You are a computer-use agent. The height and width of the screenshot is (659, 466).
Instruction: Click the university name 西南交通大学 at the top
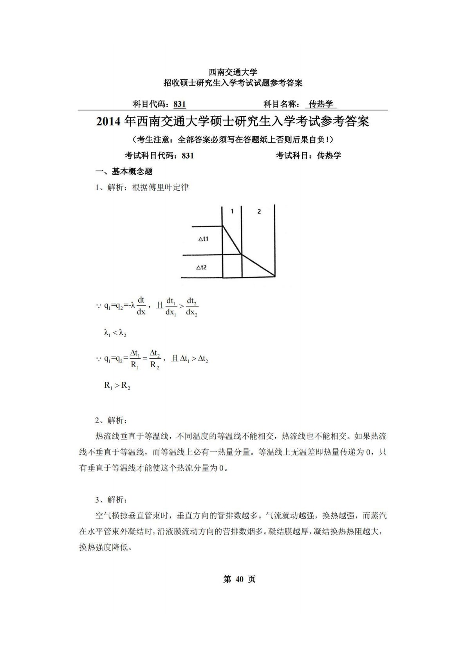[x=233, y=72]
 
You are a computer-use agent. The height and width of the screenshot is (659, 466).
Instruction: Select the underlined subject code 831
[x=180, y=104]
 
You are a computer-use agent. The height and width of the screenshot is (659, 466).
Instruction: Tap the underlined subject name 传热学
[x=321, y=104]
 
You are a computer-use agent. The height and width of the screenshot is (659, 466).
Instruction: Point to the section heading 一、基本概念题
[x=124, y=172]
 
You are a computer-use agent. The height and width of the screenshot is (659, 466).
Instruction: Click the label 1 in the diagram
[x=232, y=211]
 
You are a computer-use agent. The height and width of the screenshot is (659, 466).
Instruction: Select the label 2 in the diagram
[x=259, y=211]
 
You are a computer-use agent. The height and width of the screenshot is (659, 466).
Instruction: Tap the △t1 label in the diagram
[x=203, y=238]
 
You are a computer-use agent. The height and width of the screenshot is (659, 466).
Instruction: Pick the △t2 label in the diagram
[x=201, y=267]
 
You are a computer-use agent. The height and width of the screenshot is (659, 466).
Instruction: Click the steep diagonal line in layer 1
[x=232, y=240]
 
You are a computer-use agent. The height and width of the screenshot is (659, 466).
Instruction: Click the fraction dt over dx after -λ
[x=141, y=306]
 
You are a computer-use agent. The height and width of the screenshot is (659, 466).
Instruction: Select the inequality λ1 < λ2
[x=115, y=333]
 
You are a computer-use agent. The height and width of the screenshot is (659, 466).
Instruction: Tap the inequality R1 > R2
[x=117, y=386]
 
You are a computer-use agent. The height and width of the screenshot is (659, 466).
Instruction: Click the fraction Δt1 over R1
[x=135, y=359]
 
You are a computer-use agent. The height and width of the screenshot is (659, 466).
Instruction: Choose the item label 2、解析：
[x=111, y=421]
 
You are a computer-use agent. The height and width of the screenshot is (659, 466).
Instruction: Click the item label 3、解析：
[x=111, y=500]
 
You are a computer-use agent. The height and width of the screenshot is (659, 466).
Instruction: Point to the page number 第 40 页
[x=239, y=579]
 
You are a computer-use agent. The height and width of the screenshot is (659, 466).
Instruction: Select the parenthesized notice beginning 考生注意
[x=233, y=139]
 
